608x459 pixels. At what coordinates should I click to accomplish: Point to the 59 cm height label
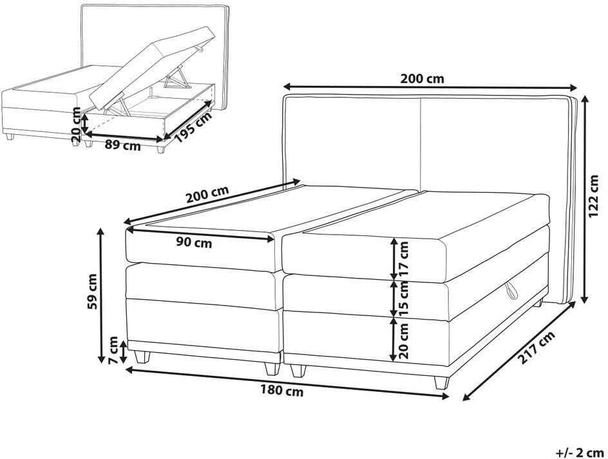(92, 292)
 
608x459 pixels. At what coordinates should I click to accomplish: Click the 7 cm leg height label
(113, 350)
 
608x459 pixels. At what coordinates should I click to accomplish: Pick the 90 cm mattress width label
(195, 242)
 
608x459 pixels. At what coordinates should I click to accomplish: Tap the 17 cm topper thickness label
(404, 259)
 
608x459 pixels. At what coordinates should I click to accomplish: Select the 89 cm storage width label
(122, 146)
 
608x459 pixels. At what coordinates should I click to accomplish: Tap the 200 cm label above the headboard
(422, 79)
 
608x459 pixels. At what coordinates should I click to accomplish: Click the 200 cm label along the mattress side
(208, 195)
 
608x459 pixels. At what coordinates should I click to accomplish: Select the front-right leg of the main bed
(442, 382)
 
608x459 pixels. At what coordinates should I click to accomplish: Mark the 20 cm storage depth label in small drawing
(77, 125)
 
